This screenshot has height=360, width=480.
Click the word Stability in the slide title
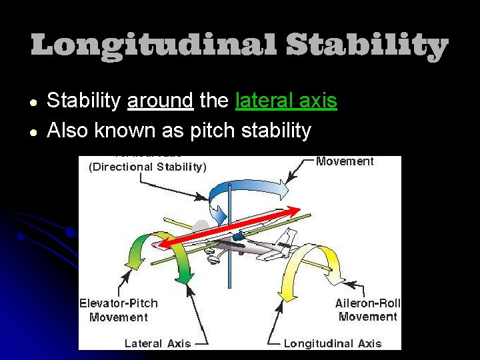pyautogui.click(x=367, y=46)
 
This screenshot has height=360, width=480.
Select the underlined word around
pyautogui.click(x=160, y=101)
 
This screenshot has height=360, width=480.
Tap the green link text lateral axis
pyautogui.click(x=286, y=101)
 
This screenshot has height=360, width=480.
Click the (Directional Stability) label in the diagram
pyautogui.click(x=147, y=167)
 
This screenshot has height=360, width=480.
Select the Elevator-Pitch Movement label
pyautogui.click(x=119, y=310)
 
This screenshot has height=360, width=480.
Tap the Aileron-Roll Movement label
pyautogui.click(x=367, y=310)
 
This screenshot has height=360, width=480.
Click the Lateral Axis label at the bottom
pyautogui.click(x=157, y=343)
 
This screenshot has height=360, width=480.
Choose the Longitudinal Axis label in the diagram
pyautogui.click(x=333, y=343)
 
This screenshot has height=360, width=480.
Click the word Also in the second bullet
pyautogui.click(x=68, y=131)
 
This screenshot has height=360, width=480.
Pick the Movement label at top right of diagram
pyautogui.click(x=344, y=161)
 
